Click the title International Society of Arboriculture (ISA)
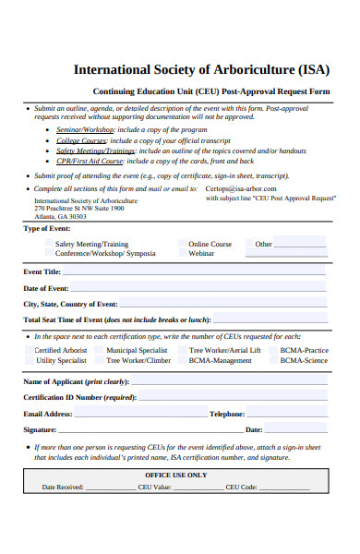[197, 69]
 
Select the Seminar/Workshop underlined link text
[84, 129]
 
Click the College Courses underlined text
[80, 139]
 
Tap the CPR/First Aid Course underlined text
[90, 160]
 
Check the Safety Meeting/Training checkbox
[49, 245]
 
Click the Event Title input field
[194, 272]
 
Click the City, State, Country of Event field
[222, 304]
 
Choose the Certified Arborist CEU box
[29, 351]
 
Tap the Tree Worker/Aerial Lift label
[224, 351]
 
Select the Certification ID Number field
[231, 397]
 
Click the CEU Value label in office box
[150, 487]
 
